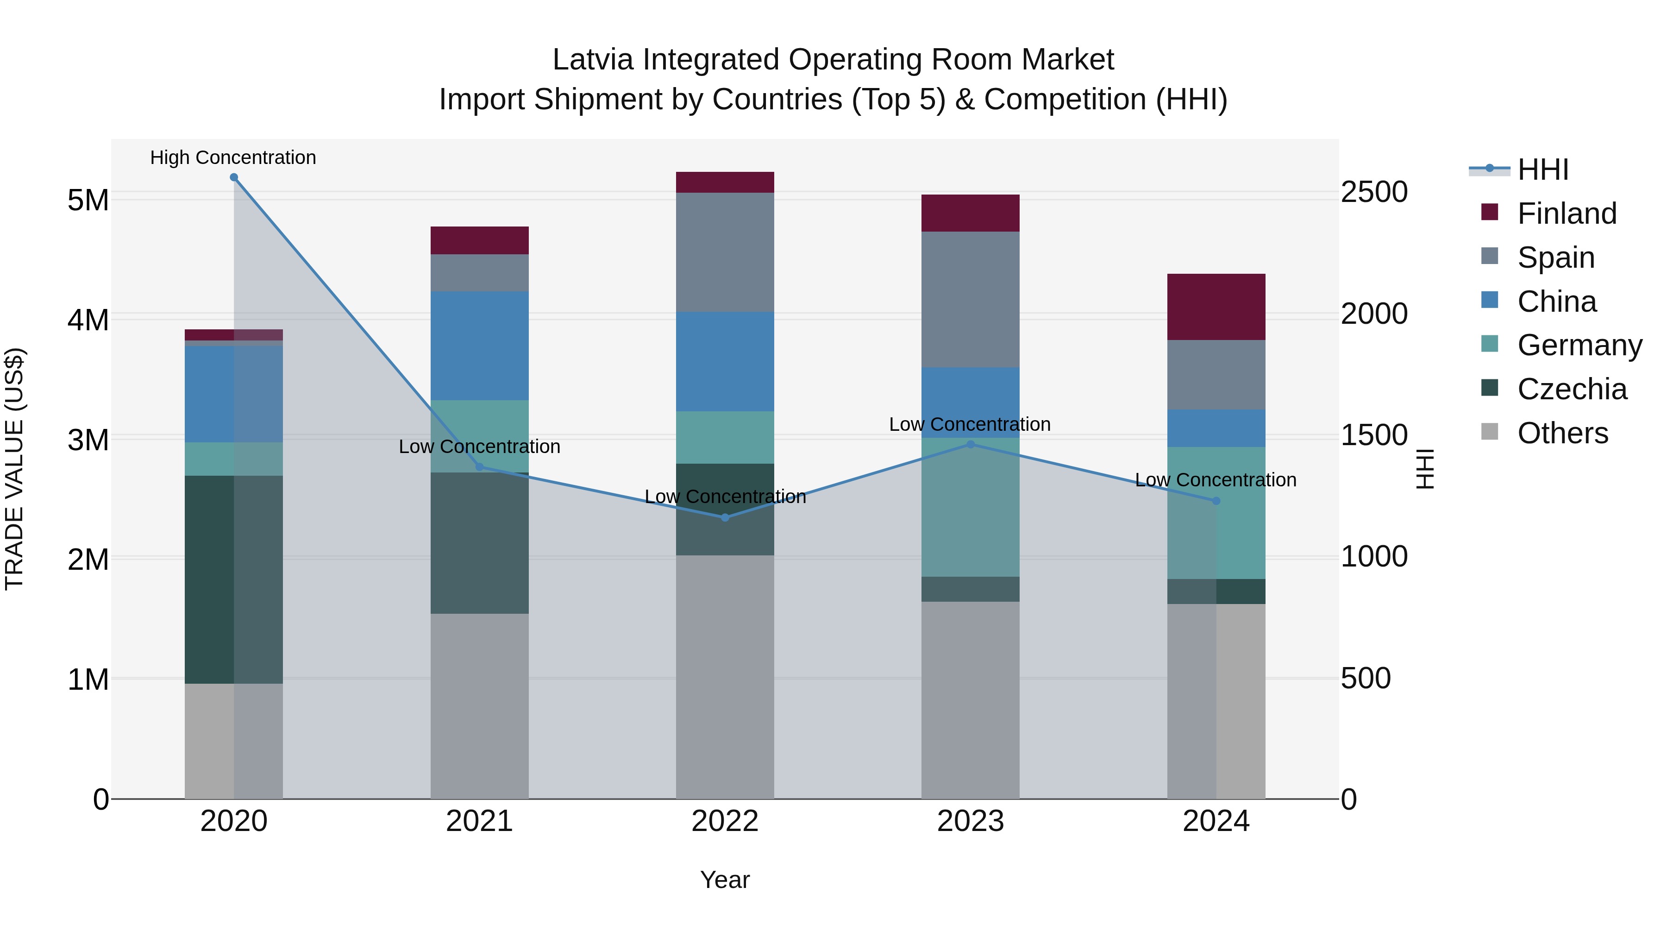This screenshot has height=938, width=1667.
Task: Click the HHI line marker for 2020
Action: [x=234, y=177]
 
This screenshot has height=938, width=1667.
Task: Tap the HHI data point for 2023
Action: [x=970, y=444]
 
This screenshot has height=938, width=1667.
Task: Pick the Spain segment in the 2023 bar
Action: [x=970, y=299]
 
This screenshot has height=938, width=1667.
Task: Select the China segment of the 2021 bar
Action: [x=480, y=346]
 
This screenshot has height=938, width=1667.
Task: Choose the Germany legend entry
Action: [x=1579, y=345]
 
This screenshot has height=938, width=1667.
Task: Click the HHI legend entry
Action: [x=1543, y=170]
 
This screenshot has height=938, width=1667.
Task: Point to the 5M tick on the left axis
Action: [x=88, y=200]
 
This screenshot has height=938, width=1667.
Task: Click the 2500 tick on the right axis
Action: [x=1373, y=192]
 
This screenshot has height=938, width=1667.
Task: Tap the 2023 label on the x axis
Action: [x=970, y=821]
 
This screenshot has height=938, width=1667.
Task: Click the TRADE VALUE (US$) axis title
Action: [x=14, y=469]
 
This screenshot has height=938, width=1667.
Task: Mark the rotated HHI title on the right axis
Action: [x=1424, y=469]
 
